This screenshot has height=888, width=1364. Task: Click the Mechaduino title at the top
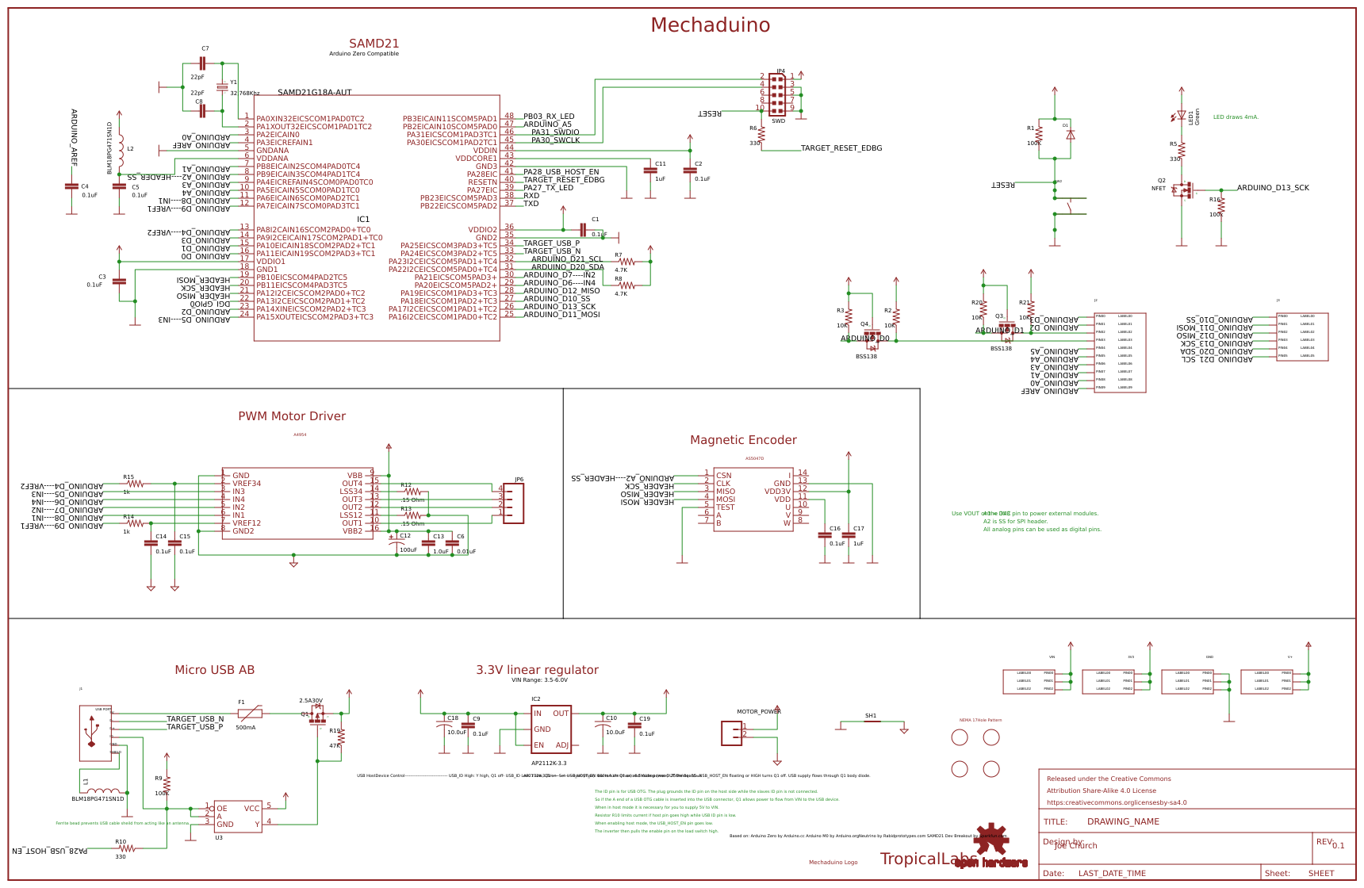(x=710, y=25)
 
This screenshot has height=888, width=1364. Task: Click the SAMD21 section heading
(x=374, y=44)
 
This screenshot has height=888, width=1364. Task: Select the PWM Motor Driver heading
(x=292, y=416)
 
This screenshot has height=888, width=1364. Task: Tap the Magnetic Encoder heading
(x=743, y=440)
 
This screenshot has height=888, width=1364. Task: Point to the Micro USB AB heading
(x=214, y=670)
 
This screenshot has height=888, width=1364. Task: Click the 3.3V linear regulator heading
(x=537, y=670)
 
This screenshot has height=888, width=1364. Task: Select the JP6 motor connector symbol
(x=513, y=503)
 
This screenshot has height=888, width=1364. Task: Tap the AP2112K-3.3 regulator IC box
(x=551, y=729)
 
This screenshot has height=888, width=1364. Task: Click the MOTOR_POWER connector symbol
(x=731, y=733)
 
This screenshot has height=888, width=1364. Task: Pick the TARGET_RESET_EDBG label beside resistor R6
(x=841, y=148)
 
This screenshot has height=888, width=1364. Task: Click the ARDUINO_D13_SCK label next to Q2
(x=1273, y=188)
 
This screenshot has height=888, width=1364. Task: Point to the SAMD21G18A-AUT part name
(x=315, y=93)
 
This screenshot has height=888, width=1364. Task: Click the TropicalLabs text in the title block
(x=928, y=859)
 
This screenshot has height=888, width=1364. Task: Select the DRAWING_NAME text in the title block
(x=1123, y=822)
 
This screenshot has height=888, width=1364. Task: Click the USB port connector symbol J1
(x=95, y=733)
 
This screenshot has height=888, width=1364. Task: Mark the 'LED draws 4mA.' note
(x=1236, y=117)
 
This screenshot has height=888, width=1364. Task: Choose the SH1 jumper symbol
(x=871, y=721)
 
